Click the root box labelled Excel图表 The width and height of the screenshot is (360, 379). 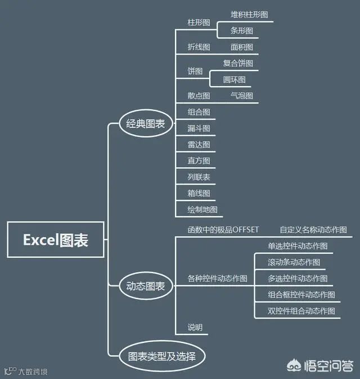(56, 240)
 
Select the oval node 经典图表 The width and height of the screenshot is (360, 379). (146, 124)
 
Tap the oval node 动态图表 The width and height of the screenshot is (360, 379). (146, 286)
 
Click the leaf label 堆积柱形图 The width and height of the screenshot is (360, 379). (249, 14)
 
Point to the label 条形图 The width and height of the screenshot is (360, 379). (242, 30)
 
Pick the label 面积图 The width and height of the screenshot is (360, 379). (242, 47)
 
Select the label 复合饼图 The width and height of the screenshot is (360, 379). (238, 63)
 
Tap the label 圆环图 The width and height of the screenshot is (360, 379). (234, 79)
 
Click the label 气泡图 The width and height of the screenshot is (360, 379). (242, 96)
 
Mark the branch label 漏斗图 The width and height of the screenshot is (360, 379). (199, 128)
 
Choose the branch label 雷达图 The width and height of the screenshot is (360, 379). (199, 145)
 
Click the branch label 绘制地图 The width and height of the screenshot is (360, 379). (202, 209)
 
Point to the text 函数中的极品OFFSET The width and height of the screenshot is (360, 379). (223, 229)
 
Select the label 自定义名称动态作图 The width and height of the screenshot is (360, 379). (313, 229)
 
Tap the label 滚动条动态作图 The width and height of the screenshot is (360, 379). (294, 262)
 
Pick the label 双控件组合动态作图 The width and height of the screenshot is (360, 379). (301, 311)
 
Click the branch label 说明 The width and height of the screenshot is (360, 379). (195, 327)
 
